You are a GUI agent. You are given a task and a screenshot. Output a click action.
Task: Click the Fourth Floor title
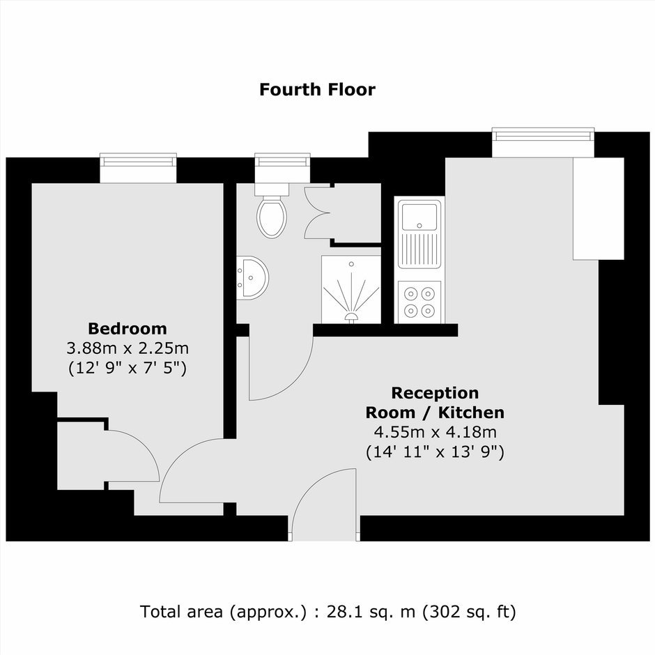(x=318, y=90)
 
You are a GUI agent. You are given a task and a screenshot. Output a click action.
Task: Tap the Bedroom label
(x=128, y=329)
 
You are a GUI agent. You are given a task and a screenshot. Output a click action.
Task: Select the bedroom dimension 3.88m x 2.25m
(x=128, y=348)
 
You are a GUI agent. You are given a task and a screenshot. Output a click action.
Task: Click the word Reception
(x=435, y=394)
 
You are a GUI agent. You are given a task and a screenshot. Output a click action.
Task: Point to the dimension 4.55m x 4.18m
(x=435, y=432)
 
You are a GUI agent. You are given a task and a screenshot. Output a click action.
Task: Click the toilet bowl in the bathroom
(x=272, y=217)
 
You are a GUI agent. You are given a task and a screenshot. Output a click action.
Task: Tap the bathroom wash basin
(x=252, y=278)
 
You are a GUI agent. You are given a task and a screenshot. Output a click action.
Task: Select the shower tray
(x=351, y=289)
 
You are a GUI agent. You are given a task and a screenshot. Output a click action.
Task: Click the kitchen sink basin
(x=419, y=217)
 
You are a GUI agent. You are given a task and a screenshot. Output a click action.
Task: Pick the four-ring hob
(x=419, y=302)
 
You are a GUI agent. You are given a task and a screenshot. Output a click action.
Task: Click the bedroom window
(x=138, y=167)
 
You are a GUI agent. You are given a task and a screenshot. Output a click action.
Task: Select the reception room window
(x=543, y=142)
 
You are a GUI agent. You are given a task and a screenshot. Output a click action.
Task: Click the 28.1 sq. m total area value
(x=371, y=612)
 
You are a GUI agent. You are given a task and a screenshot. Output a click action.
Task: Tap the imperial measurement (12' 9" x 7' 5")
(x=128, y=368)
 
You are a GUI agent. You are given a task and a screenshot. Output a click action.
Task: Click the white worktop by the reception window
(x=599, y=208)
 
